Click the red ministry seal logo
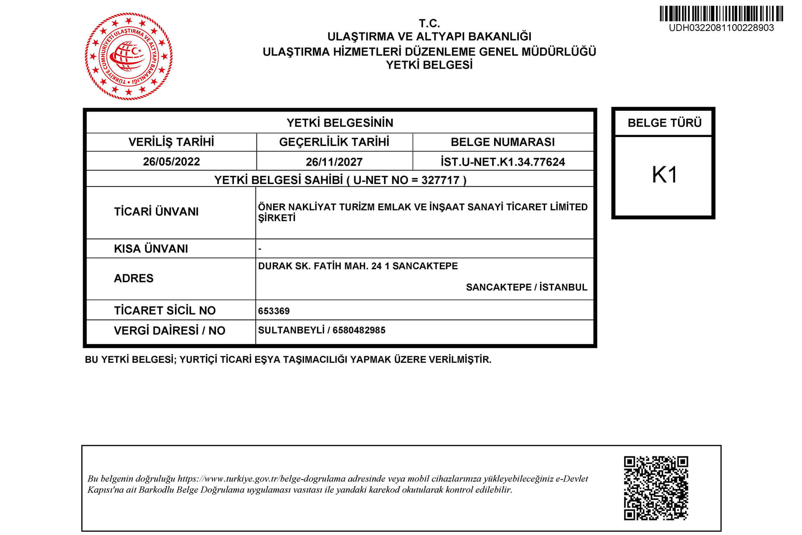(x=129, y=56)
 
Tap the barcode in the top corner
(x=721, y=14)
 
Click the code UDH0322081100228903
(x=721, y=28)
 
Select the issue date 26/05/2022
(x=171, y=162)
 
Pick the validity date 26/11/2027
(x=334, y=162)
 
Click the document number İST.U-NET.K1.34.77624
(x=503, y=162)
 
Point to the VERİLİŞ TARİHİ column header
(x=171, y=142)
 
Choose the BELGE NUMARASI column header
(x=503, y=142)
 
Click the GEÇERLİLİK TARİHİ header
(x=334, y=142)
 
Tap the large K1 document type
(x=664, y=175)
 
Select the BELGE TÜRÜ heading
(x=664, y=123)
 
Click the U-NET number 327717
(x=440, y=180)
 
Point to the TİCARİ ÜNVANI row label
(x=156, y=211)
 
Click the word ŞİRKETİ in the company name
(x=277, y=218)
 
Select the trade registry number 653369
(x=274, y=311)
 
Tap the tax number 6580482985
(x=359, y=330)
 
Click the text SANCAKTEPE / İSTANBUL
(x=526, y=287)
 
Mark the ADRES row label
(x=134, y=278)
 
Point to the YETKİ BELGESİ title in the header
(x=429, y=65)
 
